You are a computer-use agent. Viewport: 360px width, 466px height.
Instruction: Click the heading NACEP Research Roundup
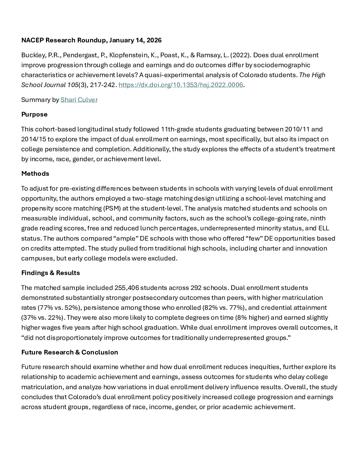[91, 40]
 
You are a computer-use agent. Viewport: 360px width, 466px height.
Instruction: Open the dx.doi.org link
[181, 85]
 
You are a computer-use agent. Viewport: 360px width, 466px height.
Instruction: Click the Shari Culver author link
[79, 100]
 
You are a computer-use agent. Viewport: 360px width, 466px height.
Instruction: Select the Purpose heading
[34, 115]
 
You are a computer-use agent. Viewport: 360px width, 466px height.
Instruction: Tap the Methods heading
[35, 174]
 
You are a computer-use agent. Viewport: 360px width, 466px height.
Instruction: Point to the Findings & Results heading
[51, 273]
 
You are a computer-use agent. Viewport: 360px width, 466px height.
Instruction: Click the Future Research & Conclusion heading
[69, 352]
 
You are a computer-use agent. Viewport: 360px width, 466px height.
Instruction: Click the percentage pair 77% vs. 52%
[59, 308]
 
